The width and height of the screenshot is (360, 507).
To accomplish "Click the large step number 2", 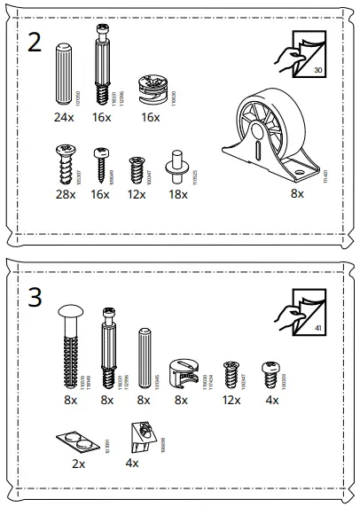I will point(35,43).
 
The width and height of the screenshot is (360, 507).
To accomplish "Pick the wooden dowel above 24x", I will point(64,75).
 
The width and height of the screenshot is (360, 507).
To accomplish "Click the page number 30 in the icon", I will point(320,69).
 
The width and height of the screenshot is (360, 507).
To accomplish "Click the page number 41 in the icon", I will point(320,329).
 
